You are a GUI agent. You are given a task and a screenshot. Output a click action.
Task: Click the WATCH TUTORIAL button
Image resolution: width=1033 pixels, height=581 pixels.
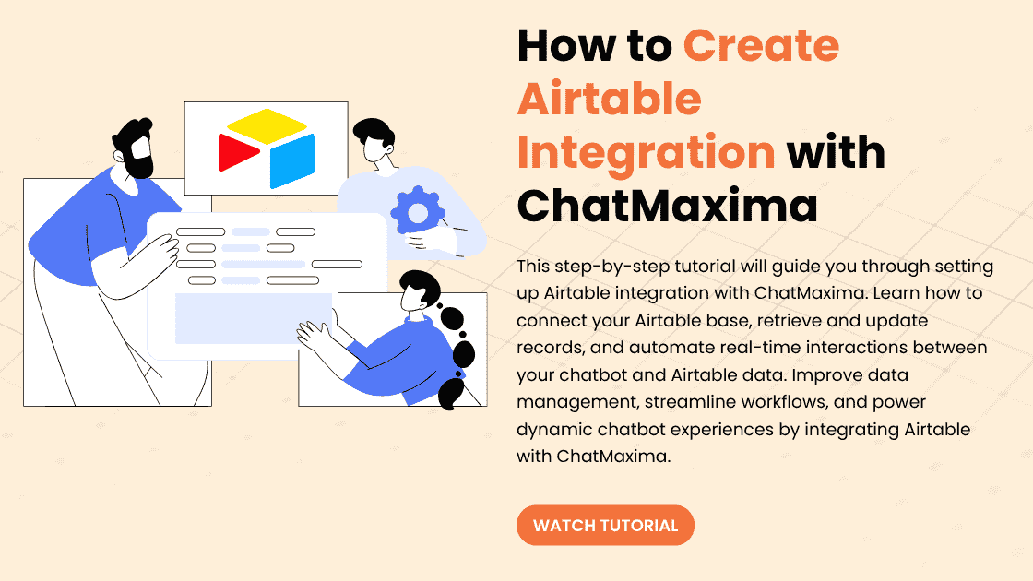click(x=605, y=525)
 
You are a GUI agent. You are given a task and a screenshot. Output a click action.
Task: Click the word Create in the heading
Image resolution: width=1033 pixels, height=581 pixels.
click(x=761, y=45)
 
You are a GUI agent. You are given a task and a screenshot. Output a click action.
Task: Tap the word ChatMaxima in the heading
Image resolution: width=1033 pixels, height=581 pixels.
click(x=668, y=206)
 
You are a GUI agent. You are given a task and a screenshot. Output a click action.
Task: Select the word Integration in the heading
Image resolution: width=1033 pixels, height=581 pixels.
click(x=646, y=153)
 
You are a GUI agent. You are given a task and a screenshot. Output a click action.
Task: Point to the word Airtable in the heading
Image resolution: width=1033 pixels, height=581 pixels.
click(x=610, y=99)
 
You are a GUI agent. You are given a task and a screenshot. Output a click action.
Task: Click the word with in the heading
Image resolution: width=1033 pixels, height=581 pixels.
click(x=836, y=152)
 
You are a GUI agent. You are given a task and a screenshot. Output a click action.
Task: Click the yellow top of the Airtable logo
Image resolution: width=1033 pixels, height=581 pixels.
click(x=267, y=125)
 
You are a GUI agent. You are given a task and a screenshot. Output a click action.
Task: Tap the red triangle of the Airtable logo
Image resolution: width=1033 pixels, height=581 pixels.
click(x=238, y=152)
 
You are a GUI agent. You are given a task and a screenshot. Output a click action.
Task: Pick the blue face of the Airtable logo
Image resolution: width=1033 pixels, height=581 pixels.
click(x=291, y=161)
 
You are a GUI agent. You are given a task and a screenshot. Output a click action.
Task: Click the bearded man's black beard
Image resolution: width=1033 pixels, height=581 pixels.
click(x=142, y=162)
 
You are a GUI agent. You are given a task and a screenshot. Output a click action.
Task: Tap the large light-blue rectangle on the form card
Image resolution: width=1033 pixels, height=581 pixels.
click(x=254, y=318)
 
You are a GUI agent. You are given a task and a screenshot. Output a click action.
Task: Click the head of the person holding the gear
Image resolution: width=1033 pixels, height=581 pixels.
click(x=374, y=139)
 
